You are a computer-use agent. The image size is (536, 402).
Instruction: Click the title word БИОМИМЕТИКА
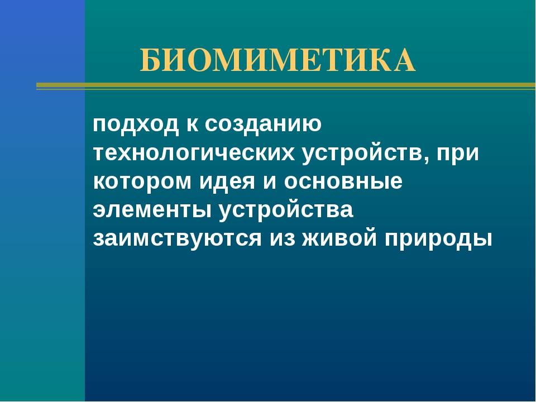click(277, 60)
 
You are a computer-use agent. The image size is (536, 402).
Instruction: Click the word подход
click(135, 125)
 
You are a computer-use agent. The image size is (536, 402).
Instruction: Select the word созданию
click(263, 125)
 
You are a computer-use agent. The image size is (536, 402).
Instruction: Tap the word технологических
click(194, 152)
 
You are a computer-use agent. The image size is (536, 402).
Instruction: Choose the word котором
click(142, 181)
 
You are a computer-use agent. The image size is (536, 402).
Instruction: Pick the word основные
click(343, 181)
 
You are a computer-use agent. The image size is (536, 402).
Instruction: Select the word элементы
click(152, 210)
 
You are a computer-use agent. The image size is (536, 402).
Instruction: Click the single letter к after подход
click(192, 124)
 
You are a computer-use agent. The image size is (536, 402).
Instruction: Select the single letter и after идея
click(269, 181)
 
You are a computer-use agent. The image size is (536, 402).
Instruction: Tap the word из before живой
click(282, 238)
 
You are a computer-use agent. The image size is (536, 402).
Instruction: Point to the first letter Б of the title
click(150, 60)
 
